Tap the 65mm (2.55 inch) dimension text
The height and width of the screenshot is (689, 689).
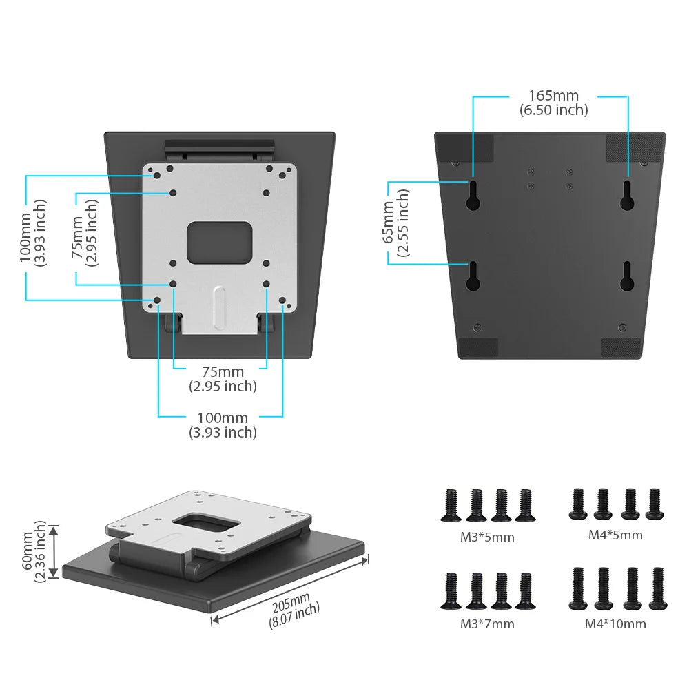pyautogui.click(x=395, y=223)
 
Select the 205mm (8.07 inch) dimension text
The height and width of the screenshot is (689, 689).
pyautogui.click(x=294, y=610)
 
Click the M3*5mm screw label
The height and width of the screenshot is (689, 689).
pyautogui.click(x=487, y=537)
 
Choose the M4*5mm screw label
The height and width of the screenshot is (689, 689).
pyautogui.click(x=615, y=535)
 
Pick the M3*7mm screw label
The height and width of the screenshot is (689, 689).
pyautogui.click(x=487, y=624)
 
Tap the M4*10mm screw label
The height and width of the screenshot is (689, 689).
pyautogui.click(x=615, y=624)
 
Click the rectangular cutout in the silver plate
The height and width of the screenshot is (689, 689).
pyautogui.click(x=219, y=242)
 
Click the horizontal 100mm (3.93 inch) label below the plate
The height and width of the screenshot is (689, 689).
pyautogui.click(x=223, y=424)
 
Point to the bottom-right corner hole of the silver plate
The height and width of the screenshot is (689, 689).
pyautogui.click(x=282, y=300)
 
